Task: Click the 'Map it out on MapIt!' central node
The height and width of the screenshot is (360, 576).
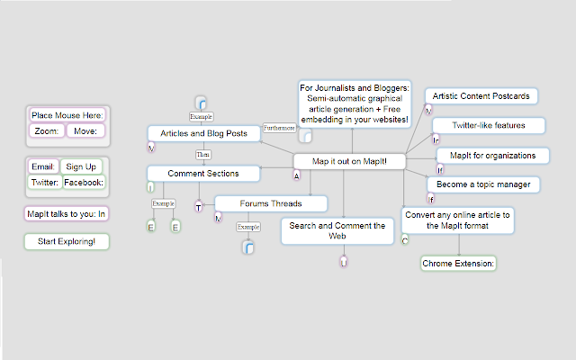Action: [350, 160]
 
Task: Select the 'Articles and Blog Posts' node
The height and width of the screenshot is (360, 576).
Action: [203, 133]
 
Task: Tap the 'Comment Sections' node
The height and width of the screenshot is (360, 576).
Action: [203, 173]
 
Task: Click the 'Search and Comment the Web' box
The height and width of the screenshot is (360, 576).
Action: [337, 229]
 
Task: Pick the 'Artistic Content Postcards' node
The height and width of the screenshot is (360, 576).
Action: [486, 95]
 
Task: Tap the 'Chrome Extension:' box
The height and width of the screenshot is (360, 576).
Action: [459, 264]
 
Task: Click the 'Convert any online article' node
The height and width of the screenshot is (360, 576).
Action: [458, 220]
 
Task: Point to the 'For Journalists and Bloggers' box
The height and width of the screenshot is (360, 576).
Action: [355, 103]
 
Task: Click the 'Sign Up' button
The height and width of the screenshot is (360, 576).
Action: [81, 166]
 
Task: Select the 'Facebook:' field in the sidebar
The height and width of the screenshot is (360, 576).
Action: [84, 183]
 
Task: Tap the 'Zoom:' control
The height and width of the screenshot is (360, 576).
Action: [46, 131]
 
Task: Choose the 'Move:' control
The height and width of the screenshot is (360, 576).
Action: [85, 131]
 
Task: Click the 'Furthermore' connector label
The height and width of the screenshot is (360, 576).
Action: [278, 128]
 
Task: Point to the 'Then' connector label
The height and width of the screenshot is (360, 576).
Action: [203, 154]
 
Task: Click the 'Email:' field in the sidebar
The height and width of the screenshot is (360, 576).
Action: [44, 166]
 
